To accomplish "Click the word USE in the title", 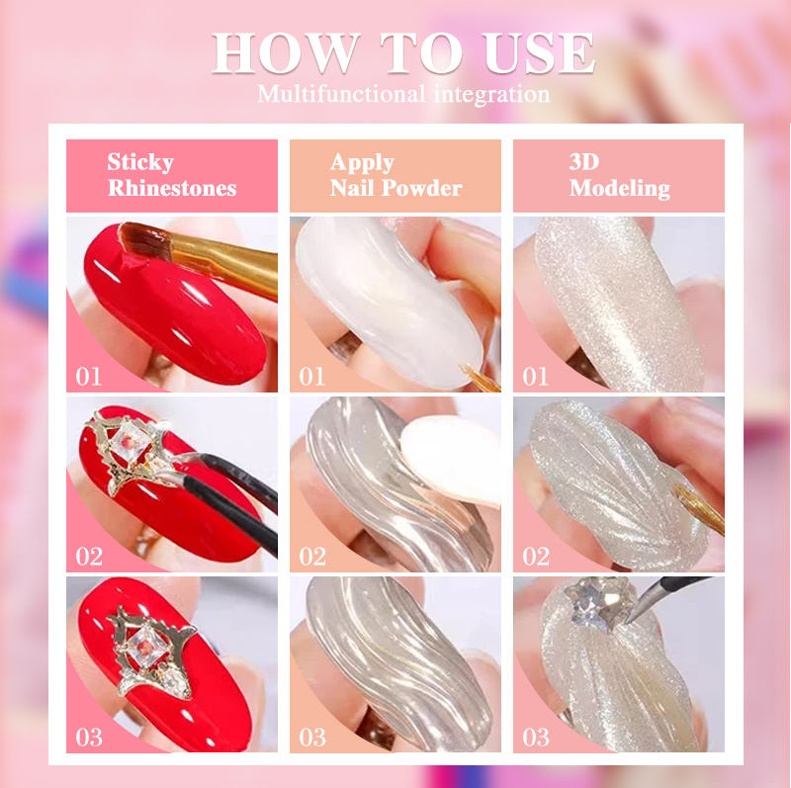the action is point(538,52).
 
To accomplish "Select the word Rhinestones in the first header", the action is point(172,188).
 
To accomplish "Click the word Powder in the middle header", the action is point(422,188).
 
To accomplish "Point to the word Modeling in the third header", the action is point(620,189).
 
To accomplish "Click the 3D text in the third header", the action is point(584,162).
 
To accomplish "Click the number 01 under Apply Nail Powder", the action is point(311,377).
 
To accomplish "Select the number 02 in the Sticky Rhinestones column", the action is point(89,557).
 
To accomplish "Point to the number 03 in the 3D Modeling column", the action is point(536,738).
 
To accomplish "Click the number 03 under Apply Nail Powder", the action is point(312,738).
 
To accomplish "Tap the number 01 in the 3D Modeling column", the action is point(535,377).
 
